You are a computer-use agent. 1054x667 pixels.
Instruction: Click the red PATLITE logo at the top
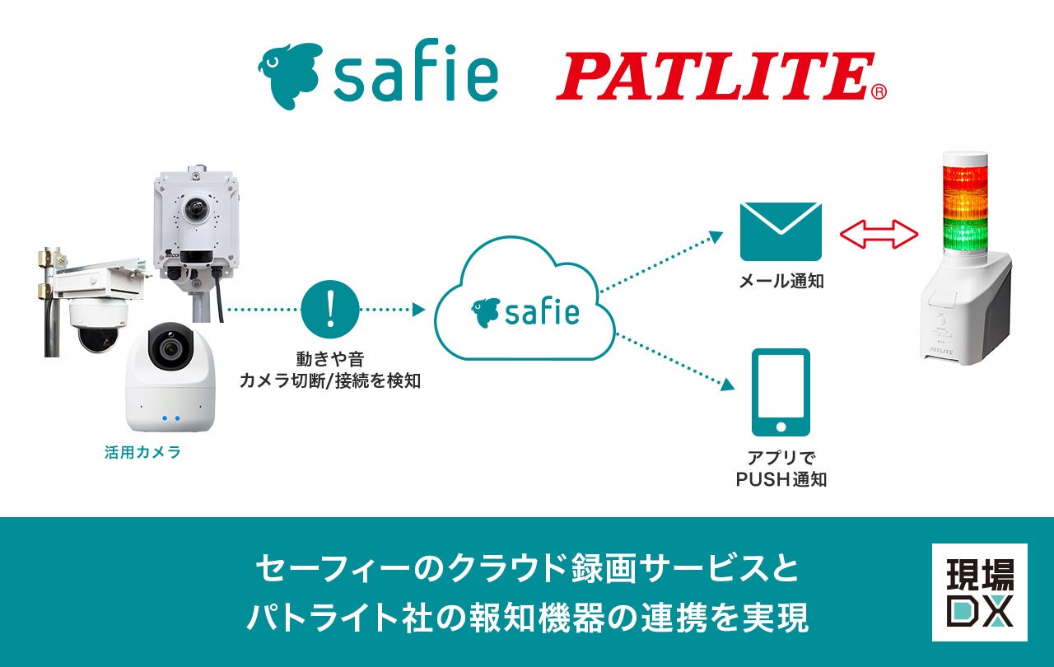click(x=713, y=77)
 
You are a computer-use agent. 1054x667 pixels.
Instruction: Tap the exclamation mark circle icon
click(x=330, y=310)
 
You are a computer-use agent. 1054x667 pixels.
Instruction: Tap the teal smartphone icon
click(x=781, y=393)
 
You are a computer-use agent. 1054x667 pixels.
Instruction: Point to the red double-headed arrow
click(x=879, y=234)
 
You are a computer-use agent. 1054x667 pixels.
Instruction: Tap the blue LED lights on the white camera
click(x=170, y=417)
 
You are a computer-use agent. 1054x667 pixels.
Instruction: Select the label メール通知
click(x=781, y=282)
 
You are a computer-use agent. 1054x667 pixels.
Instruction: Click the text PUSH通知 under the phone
click(x=781, y=478)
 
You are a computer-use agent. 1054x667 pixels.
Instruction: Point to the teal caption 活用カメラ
click(x=142, y=452)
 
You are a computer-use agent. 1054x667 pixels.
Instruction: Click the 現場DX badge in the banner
click(x=979, y=592)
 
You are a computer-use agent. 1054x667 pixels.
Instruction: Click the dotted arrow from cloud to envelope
click(x=659, y=262)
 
